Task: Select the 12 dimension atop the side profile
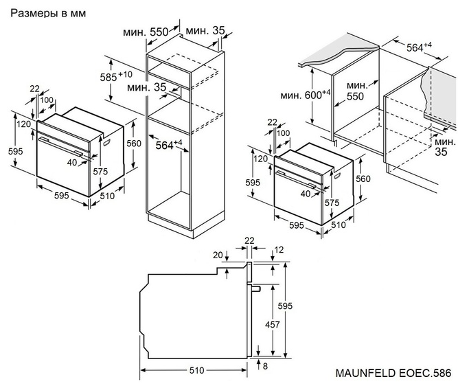[279, 249]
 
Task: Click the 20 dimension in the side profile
[218, 255]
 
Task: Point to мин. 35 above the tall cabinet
[205, 32]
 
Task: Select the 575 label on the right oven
[332, 204]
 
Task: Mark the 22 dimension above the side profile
[249, 240]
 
